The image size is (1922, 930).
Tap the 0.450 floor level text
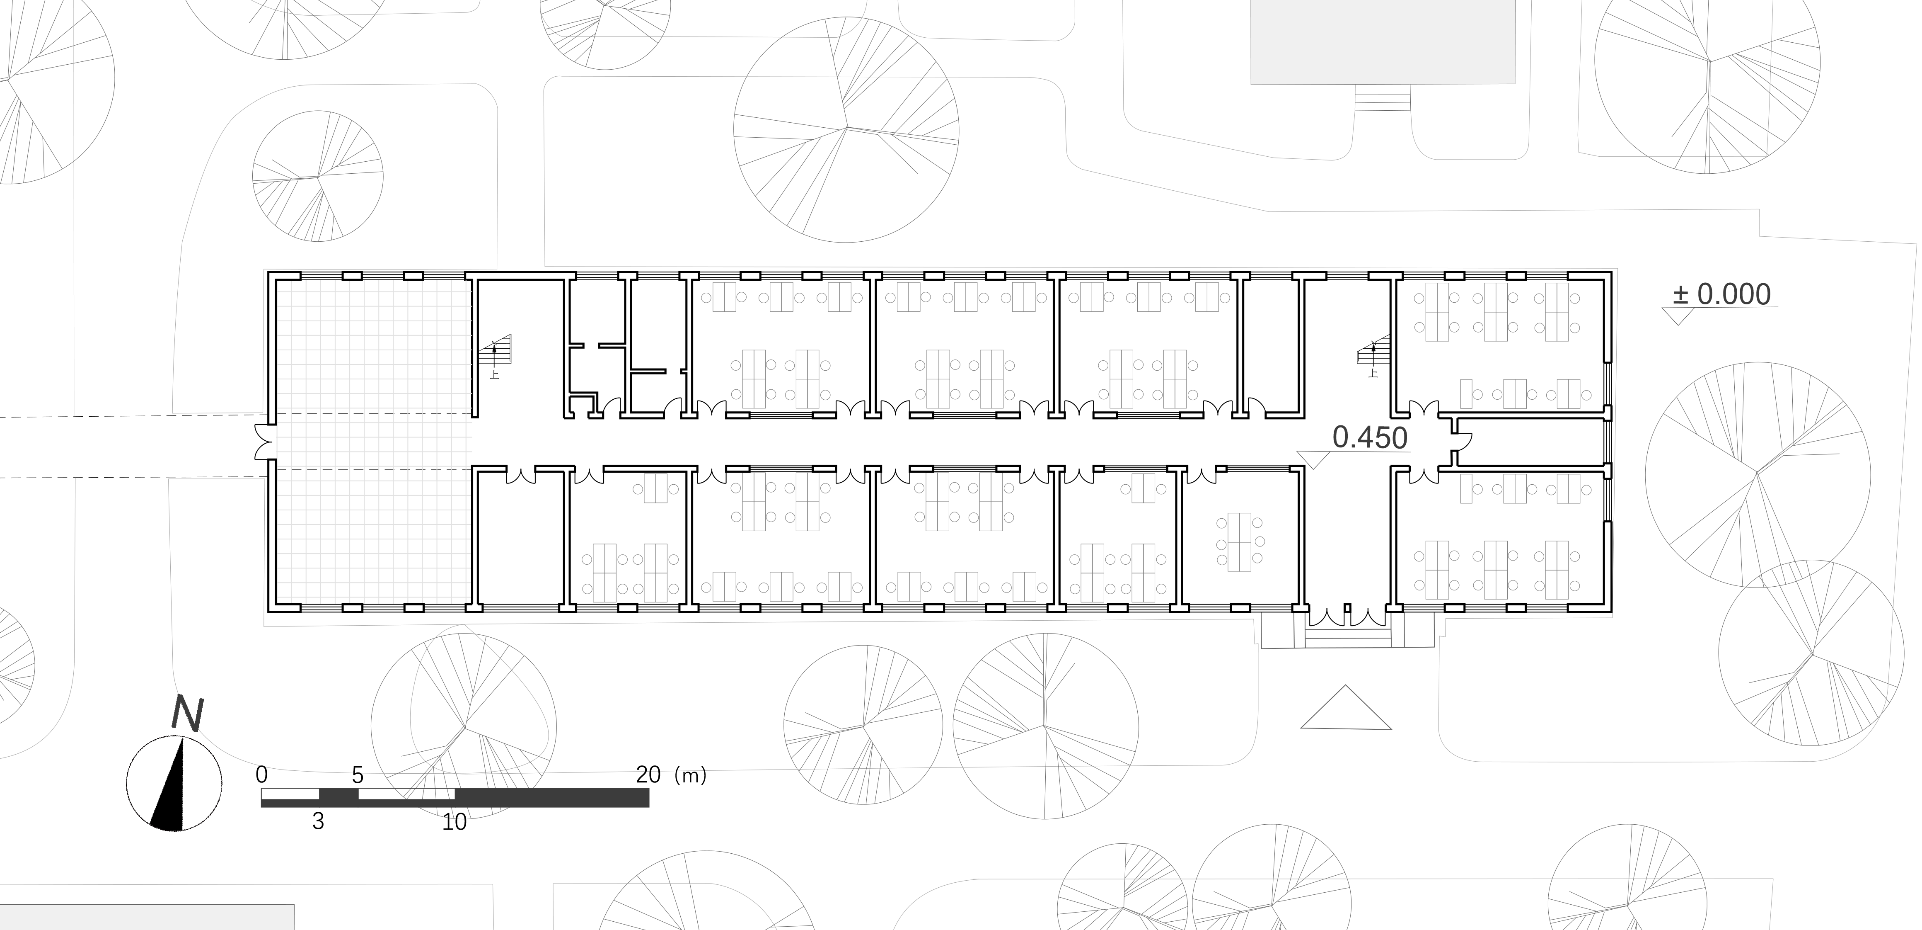point(1370,438)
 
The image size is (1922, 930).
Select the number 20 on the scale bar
point(648,775)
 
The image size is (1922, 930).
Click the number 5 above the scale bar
point(358,775)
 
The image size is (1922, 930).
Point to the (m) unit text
point(690,775)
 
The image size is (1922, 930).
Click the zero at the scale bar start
point(261,775)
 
